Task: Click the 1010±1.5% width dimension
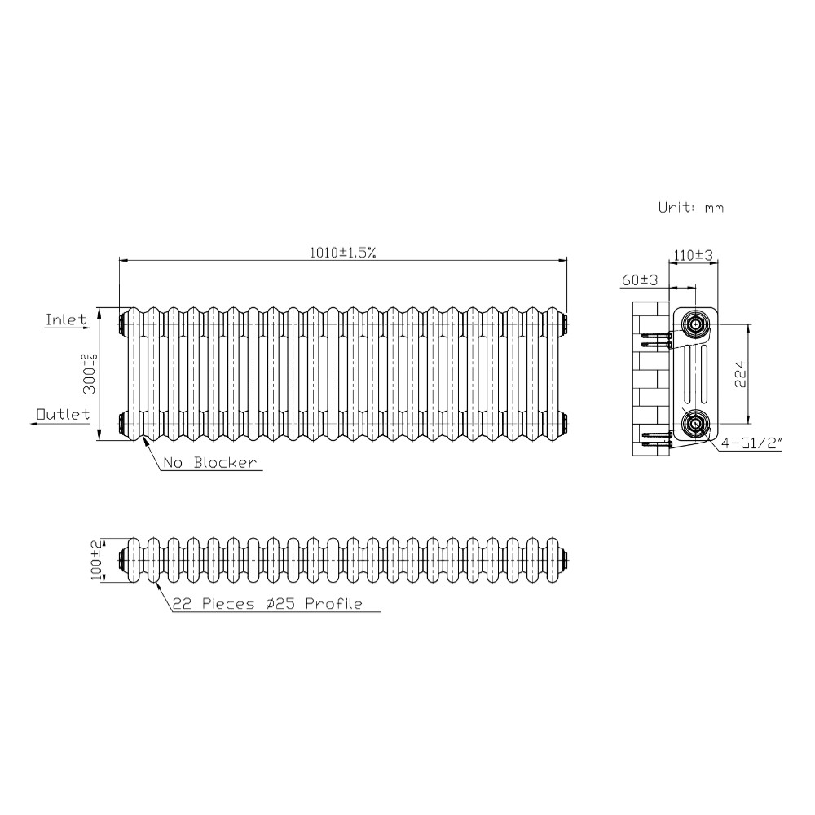342,253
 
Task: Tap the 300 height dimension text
90,374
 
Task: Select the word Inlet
66,319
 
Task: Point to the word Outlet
63,414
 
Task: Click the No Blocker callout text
210,463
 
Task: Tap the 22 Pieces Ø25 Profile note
267,603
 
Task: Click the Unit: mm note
691,207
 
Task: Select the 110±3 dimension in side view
694,255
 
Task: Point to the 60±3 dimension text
639,280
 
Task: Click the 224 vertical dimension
740,374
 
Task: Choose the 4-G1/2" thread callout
751,443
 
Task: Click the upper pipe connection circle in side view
695,325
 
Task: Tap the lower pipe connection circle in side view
695,424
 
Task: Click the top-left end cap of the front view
122,324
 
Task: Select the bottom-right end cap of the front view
565,424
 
